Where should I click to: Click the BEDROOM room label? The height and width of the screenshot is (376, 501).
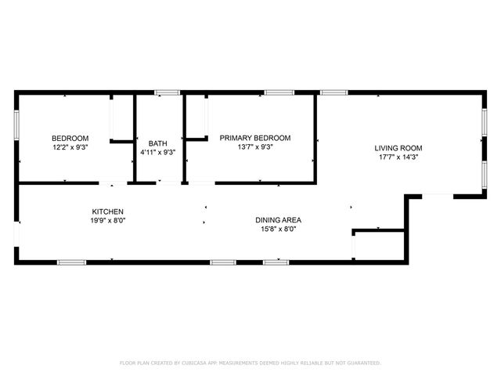70,138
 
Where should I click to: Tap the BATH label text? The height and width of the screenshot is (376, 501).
158,143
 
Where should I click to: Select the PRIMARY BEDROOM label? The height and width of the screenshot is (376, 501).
254,138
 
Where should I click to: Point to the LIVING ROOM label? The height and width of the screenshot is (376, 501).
398,148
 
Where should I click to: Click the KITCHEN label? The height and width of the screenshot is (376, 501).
108,212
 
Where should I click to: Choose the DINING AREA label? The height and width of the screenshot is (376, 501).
279,220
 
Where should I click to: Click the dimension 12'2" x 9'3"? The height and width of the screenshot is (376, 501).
70,147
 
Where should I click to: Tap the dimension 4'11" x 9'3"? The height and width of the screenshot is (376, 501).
158,153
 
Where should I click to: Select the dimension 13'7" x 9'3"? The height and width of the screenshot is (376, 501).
254,147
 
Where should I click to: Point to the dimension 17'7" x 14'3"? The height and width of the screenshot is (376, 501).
398,157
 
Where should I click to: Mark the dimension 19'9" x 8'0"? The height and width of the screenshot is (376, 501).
108,222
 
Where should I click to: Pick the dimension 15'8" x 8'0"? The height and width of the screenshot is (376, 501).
279,230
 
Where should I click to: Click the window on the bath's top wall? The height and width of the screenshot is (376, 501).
164,93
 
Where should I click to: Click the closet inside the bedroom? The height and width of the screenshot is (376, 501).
121,119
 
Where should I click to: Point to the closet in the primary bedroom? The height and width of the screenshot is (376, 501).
196,117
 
